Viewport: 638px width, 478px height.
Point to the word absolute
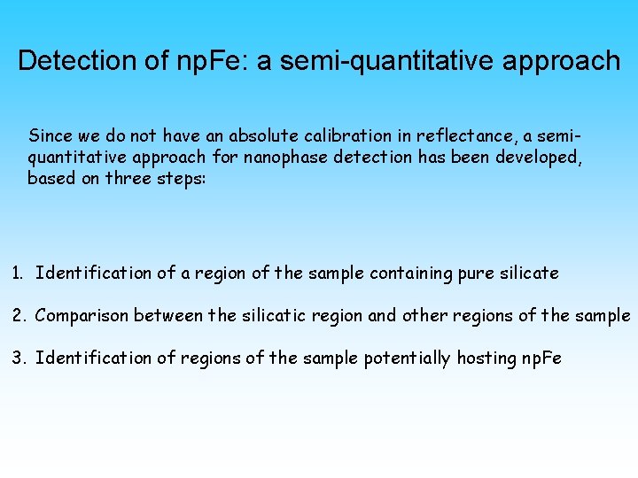(x=261, y=136)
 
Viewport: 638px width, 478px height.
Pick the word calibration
(x=341, y=136)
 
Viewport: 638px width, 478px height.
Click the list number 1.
(x=17, y=274)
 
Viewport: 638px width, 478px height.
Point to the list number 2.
(x=18, y=316)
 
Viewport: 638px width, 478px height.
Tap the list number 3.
(x=18, y=358)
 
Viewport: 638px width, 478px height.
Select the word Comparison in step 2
(x=75, y=316)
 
